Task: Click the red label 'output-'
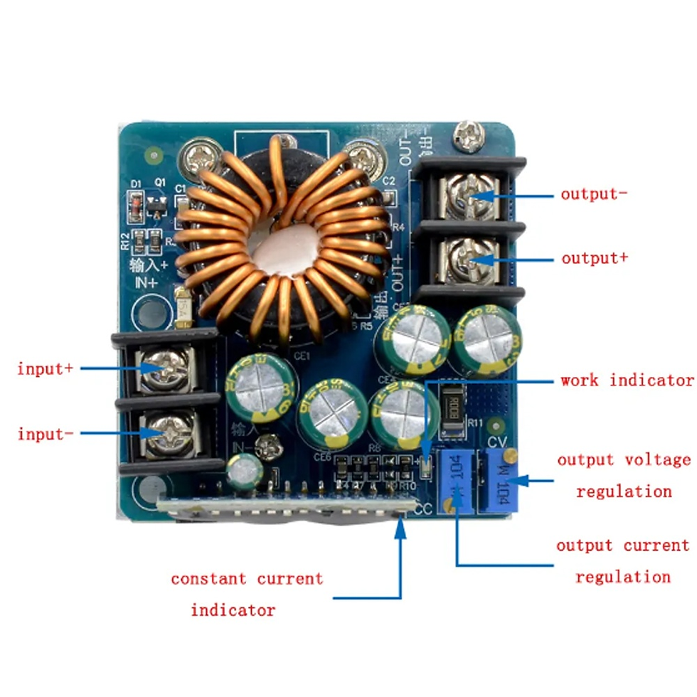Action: pos(594,194)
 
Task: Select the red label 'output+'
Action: pos(595,258)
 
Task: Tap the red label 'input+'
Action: pos(45,369)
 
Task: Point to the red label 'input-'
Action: pos(45,434)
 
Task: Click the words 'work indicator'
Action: pos(627,380)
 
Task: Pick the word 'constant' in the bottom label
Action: pos(210,579)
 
